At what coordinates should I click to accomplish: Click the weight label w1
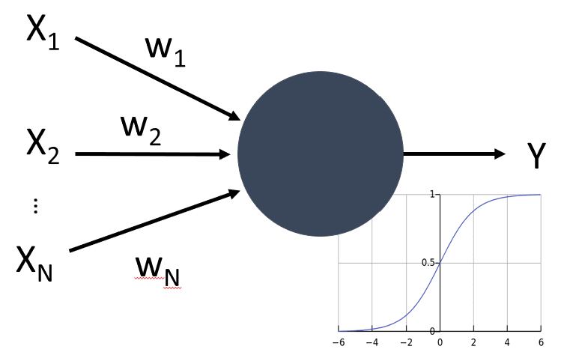pyautogui.click(x=165, y=52)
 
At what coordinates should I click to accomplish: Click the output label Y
pyautogui.click(x=536, y=155)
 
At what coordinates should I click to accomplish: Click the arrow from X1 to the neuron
pyautogui.click(x=157, y=78)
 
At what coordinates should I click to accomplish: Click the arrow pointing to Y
pyautogui.click(x=454, y=154)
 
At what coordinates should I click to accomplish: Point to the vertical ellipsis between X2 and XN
pyautogui.click(x=35, y=207)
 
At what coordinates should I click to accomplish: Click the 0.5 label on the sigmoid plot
pyautogui.click(x=428, y=263)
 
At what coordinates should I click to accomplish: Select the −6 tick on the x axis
pyautogui.click(x=339, y=342)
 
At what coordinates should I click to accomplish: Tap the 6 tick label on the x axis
pyautogui.click(x=541, y=342)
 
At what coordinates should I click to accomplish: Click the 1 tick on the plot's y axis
pyautogui.click(x=433, y=195)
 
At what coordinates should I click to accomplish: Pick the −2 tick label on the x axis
pyautogui.click(x=405, y=342)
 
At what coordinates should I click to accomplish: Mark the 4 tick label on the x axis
pyautogui.click(x=507, y=342)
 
